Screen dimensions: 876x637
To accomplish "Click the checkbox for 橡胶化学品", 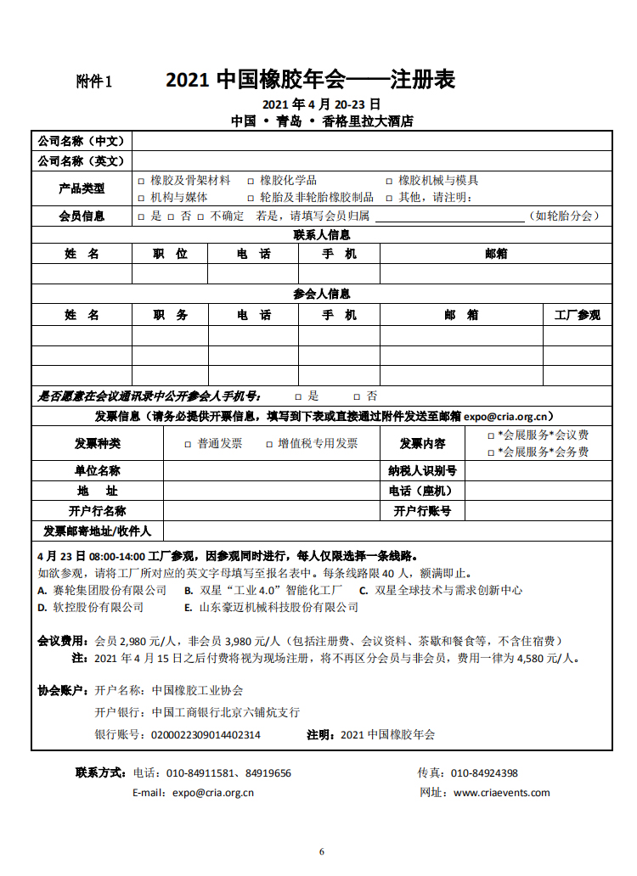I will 251,181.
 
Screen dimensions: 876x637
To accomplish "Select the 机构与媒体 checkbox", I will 141,198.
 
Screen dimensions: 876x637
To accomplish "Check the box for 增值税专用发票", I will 258,444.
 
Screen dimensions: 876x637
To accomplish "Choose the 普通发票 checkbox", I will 188,444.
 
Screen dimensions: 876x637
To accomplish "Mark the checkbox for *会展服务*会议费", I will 491,435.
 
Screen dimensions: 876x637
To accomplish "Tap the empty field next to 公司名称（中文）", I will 371,141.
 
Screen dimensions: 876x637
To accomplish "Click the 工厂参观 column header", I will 577,315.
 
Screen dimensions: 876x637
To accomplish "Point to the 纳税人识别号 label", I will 422,471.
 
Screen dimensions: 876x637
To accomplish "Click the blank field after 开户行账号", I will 538,511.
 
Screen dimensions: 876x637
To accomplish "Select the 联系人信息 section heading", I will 321,235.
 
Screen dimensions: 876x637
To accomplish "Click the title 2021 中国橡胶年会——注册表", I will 310,80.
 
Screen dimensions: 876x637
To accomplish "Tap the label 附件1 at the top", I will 94,81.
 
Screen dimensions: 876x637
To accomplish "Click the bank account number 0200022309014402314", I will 206,735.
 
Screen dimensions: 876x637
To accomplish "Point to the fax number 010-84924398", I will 484,773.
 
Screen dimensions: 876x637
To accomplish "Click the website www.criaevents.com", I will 501,793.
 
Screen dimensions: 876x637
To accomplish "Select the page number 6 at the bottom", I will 322,851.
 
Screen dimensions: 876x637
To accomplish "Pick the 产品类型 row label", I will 82,188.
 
